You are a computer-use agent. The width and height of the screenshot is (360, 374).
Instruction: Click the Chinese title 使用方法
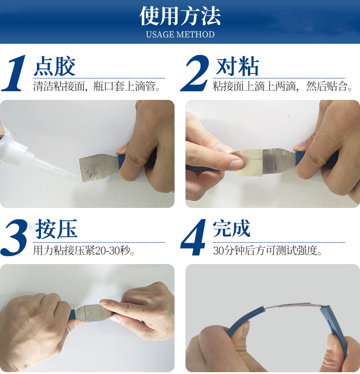[180, 16]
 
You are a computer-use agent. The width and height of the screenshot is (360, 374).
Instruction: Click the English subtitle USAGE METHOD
[180, 35]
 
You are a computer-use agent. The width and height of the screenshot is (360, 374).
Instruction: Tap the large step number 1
[15, 73]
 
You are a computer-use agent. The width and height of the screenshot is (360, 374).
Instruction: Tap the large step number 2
[195, 73]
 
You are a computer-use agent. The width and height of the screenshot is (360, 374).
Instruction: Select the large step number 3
[15, 237]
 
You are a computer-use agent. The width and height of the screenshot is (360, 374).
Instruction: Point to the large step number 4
[195, 237]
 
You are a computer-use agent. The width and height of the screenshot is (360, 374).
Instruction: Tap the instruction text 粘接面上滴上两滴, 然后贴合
[283, 86]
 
